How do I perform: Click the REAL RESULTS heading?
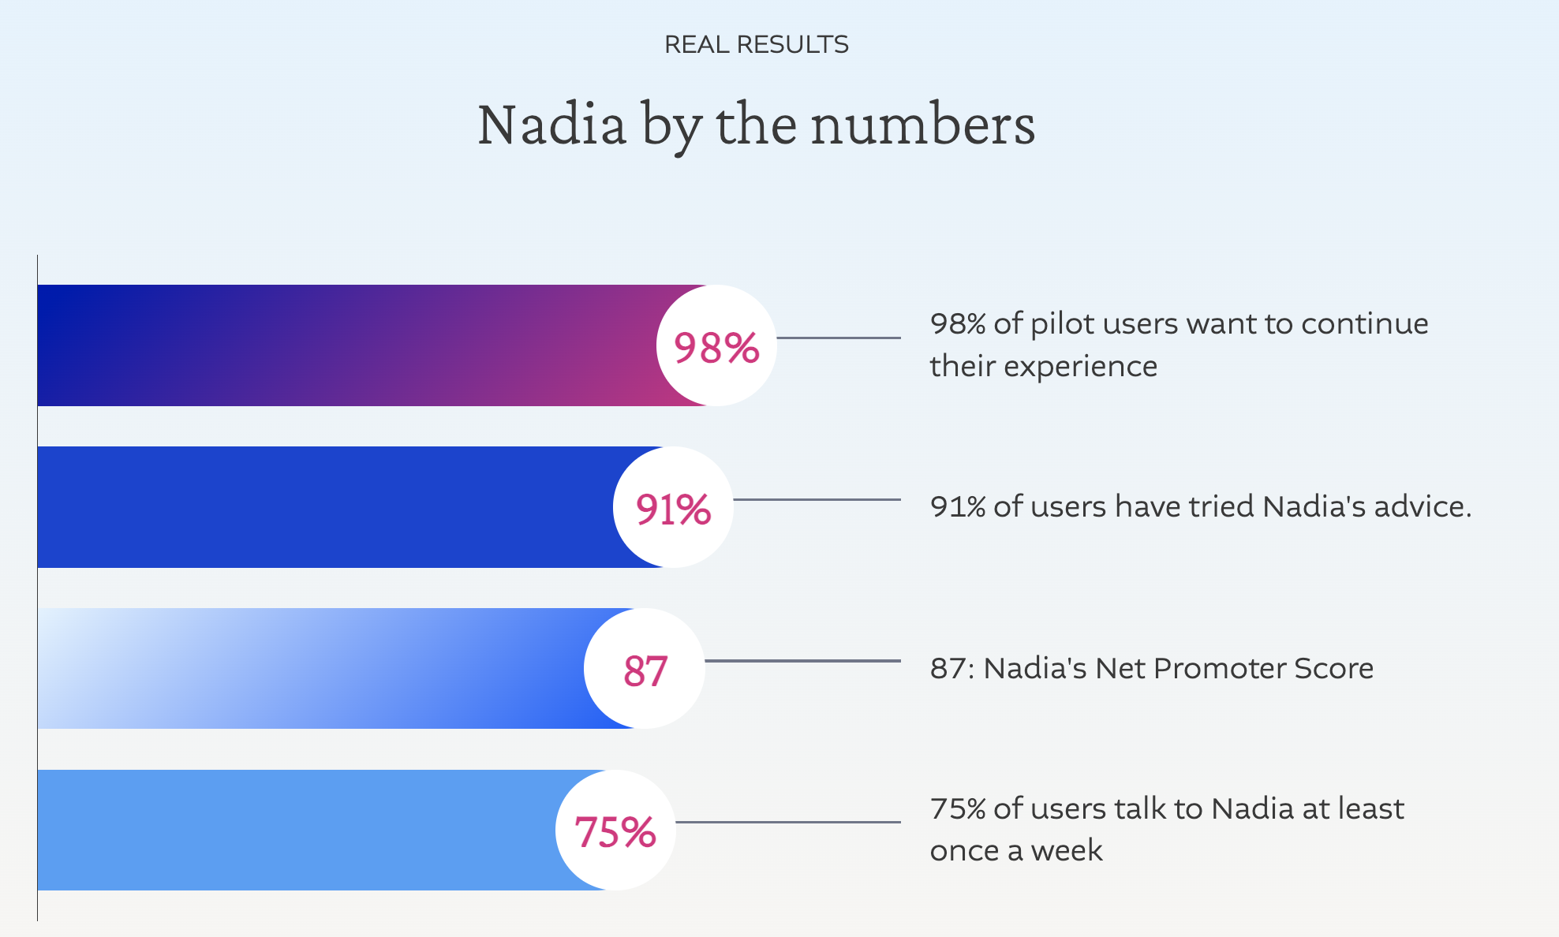(x=756, y=44)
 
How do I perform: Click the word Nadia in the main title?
(x=551, y=125)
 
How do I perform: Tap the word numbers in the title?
(x=922, y=125)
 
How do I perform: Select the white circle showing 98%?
(x=716, y=345)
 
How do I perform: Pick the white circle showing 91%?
(x=673, y=507)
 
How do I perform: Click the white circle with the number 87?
(x=645, y=669)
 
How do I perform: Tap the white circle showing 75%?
(x=615, y=831)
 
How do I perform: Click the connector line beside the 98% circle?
(x=839, y=338)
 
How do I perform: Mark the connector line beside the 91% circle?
(x=817, y=499)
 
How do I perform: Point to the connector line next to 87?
(x=802, y=661)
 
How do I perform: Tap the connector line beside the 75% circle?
(x=788, y=823)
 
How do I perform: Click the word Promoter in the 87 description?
(x=1219, y=668)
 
